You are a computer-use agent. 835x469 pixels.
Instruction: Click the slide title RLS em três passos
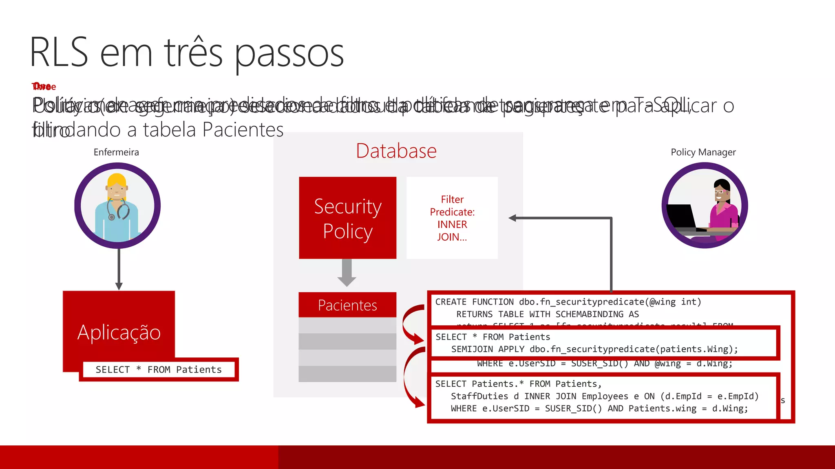click(187, 53)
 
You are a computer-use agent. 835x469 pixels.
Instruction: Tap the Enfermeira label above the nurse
click(116, 152)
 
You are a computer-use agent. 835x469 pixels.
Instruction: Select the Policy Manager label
click(703, 152)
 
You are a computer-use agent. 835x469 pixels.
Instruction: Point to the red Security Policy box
click(347, 218)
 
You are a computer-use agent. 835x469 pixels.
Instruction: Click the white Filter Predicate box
click(452, 218)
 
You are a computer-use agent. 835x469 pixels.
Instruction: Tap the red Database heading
click(396, 151)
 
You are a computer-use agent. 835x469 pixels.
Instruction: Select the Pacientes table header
click(347, 305)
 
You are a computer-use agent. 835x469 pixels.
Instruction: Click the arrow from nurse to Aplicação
click(119, 269)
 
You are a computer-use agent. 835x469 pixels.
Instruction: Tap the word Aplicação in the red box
click(119, 332)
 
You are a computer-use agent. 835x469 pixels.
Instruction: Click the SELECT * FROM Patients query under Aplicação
click(159, 370)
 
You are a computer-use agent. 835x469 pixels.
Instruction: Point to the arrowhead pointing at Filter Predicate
click(513, 218)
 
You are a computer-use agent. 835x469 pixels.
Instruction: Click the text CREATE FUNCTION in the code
click(474, 302)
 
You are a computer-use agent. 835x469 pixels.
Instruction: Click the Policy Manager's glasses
click(719, 191)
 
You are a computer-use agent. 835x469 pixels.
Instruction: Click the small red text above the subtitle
click(44, 87)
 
